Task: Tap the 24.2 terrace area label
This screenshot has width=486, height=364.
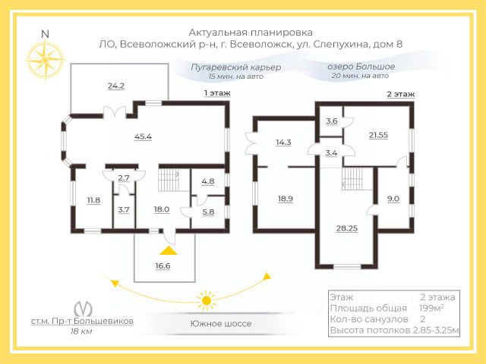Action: (x=116, y=86)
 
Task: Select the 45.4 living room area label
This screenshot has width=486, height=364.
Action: (x=143, y=136)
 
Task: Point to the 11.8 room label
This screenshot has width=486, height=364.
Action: (x=93, y=200)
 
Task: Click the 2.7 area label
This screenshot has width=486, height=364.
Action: (x=125, y=177)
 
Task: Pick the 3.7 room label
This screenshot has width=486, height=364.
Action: (x=124, y=209)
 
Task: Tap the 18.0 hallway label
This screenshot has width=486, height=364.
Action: (x=161, y=210)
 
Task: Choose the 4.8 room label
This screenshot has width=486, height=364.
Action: (x=208, y=182)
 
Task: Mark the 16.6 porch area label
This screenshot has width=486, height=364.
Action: (x=163, y=265)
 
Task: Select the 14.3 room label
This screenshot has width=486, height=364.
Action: (x=282, y=142)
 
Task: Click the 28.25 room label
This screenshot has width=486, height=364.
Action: (x=348, y=227)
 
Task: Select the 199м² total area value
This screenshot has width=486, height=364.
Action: (x=431, y=309)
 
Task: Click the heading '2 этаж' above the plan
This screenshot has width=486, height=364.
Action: (x=400, y=94)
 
